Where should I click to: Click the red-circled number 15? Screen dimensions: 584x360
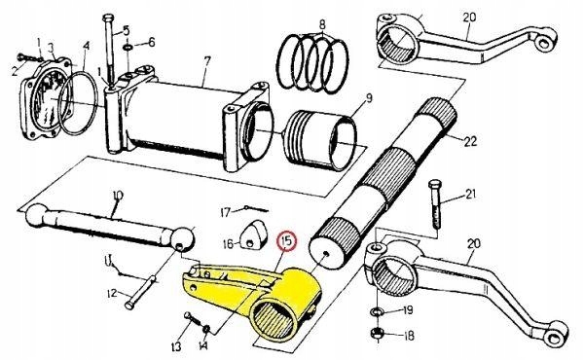pos(287,241)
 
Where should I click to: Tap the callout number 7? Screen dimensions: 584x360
pos(207,60)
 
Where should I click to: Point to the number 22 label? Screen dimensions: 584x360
pos(470,141)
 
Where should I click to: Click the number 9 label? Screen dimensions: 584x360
pos(369,98)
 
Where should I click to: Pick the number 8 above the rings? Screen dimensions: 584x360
pos(322,24)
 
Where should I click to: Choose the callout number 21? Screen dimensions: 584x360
pos(471,194)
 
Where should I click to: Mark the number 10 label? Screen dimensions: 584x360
pos(118,195)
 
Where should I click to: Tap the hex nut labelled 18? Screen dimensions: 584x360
pos(378,333)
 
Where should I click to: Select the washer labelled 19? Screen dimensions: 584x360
pos(377,310)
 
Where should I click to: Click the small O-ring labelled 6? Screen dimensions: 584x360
pos(128,48)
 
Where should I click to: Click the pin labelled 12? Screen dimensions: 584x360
pos(141,292)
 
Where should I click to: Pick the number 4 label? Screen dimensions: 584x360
pos(87,46)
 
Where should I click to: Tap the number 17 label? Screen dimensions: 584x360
pos(226,212)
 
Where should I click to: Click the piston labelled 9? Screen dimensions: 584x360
pos(320,139)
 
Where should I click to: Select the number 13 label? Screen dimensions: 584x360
pos(176,346)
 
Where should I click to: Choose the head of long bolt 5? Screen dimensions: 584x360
pos(108,18)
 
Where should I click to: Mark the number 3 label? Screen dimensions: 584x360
pos(51,48)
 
